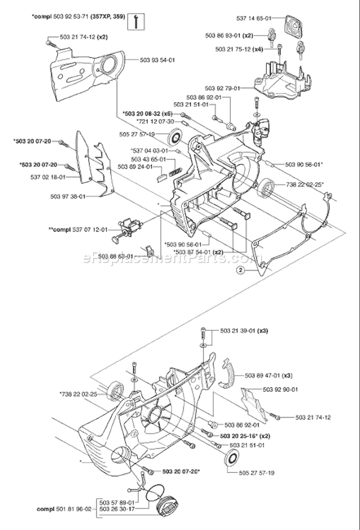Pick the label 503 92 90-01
pos(264,389)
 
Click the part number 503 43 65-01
pos(148,159)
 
